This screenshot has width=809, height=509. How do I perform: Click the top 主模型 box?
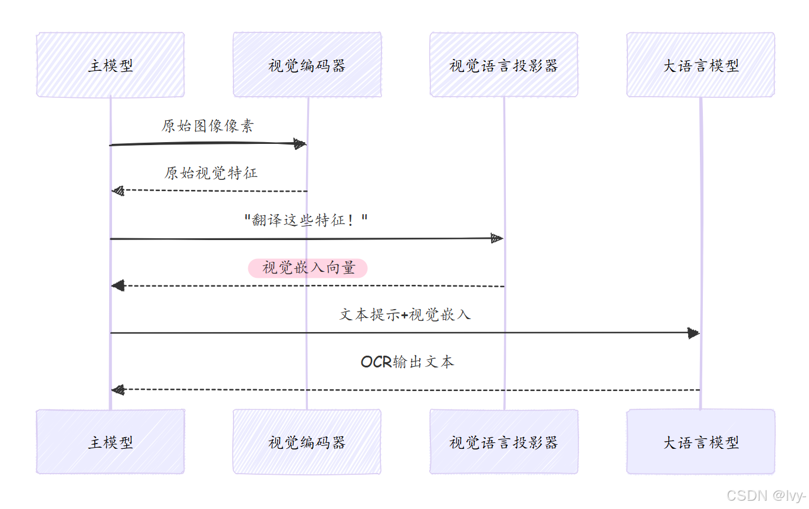click(x=110, y=65)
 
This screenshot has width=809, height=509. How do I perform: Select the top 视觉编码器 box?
click(x=307, y=65)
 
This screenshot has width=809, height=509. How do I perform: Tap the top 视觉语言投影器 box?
click(x=504, y=65)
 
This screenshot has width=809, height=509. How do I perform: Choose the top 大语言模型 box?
click(x=701, y=65)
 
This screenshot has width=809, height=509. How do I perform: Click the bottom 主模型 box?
click(x=110, y=442)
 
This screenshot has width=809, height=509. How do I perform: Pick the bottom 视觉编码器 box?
click(x=307, y=442)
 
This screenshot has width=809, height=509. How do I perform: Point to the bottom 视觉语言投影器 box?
click(x=504, y=442)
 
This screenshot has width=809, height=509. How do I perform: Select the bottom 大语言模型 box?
click(x=701, y=442)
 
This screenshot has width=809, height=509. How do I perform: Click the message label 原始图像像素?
click(x=208, y=126)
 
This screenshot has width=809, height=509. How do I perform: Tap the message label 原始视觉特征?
click(x=211, y=173)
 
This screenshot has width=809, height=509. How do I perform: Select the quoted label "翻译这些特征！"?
click(x=306, y=221)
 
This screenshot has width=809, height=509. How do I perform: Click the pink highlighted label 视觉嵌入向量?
click(x=308, y=268)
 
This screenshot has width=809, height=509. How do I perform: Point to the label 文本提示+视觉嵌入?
click(x=405, y=314)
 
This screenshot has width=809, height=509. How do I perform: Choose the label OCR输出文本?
click(x=407, y=362)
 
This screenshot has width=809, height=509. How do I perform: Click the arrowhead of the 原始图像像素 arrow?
click(x=300, y=144)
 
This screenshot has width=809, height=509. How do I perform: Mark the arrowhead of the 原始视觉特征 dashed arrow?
click(x=118, y=191)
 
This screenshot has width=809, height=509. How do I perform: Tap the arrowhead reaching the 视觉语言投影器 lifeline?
click(x=496, y=238)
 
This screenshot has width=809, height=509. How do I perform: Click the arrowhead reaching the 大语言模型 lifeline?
click(x=693, y=333)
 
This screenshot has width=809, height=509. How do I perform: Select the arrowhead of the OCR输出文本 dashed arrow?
click(x=118, y=389)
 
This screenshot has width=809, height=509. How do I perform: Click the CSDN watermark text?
click(x=765, y=495)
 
